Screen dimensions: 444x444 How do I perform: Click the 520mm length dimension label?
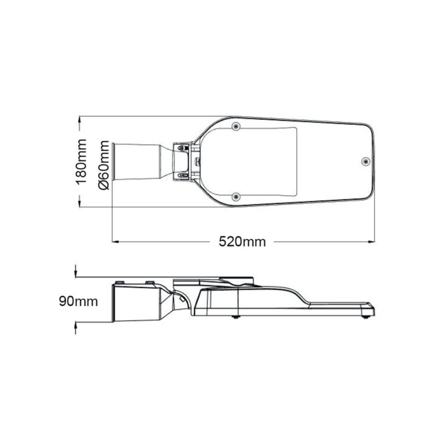242,242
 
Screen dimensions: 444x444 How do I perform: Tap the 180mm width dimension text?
81,161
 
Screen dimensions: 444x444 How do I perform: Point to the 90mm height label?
78,301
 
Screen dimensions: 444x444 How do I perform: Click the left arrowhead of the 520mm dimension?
115,242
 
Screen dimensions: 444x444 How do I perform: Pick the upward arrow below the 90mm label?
76,328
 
